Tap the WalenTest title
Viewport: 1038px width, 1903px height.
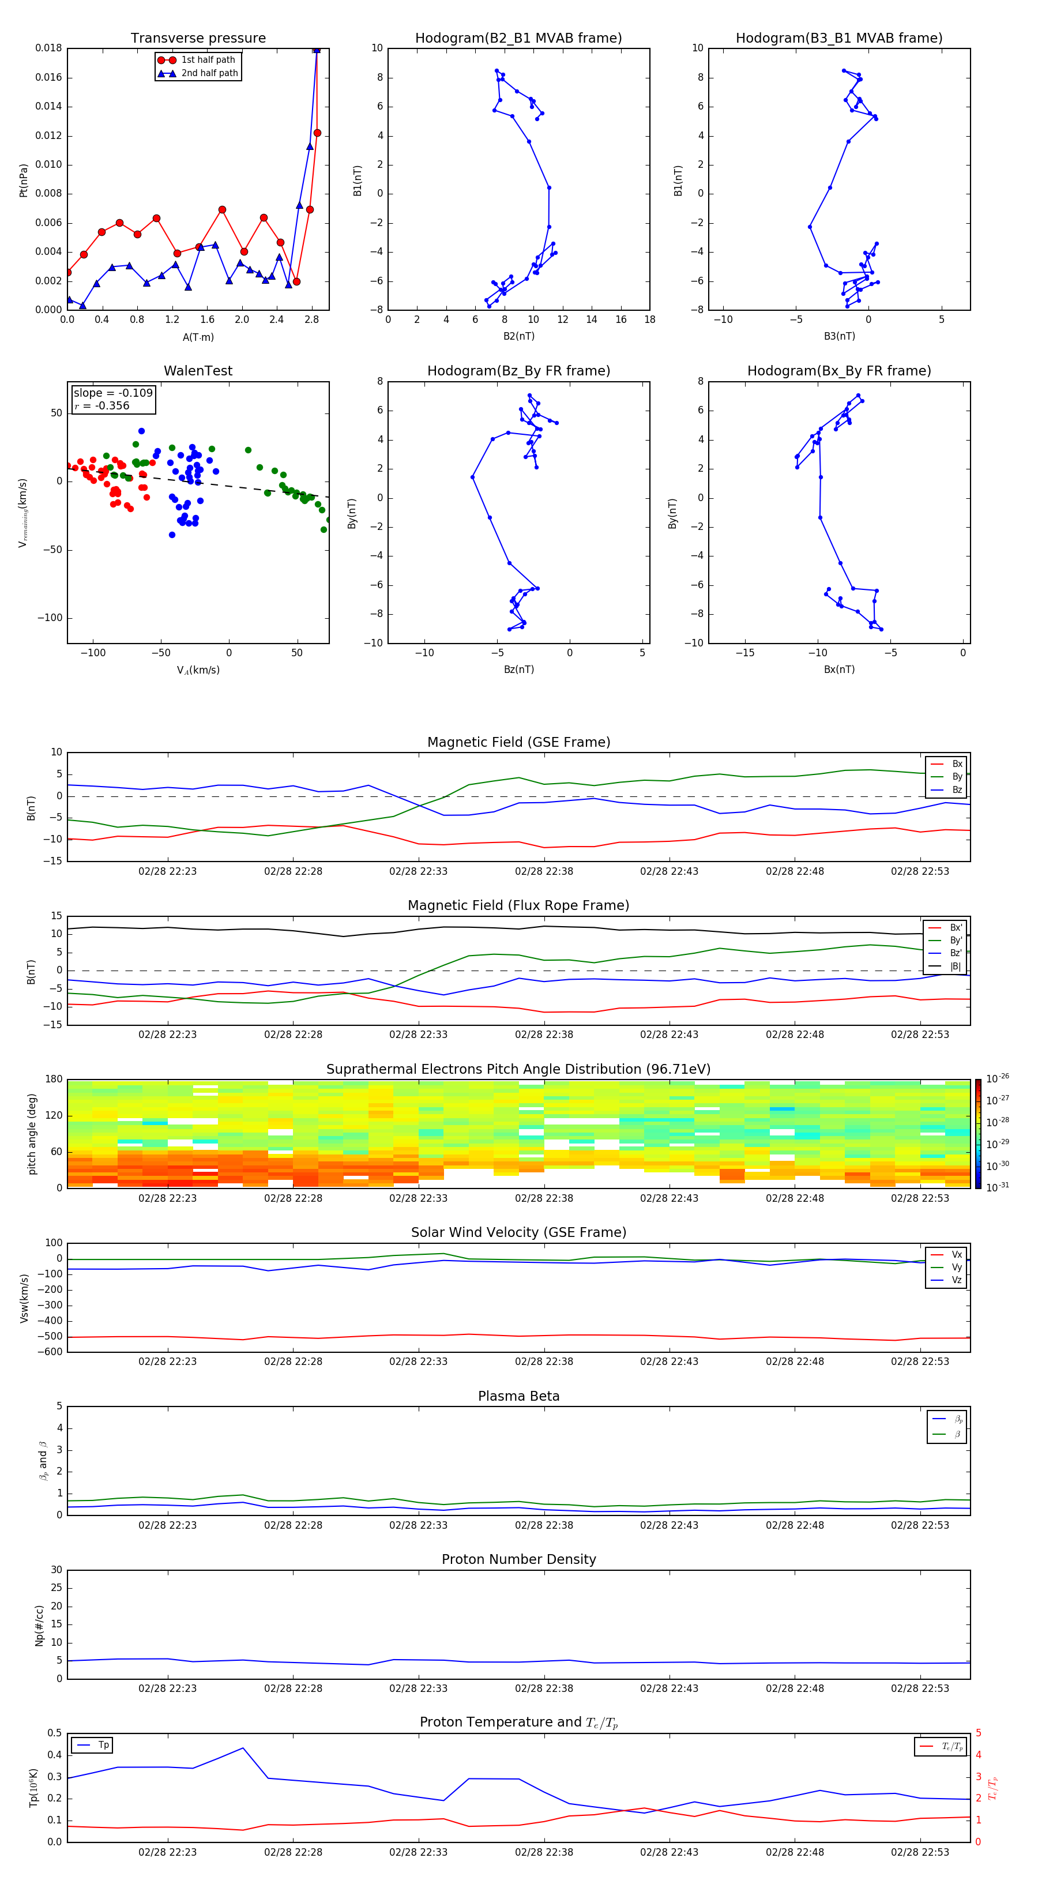(198, 371)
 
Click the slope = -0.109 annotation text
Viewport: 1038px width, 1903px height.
(113, 393)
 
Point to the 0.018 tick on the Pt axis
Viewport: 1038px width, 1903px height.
(49, 48)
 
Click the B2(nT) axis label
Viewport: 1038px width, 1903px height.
(518, 336)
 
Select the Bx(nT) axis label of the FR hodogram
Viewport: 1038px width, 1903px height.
(839, 670)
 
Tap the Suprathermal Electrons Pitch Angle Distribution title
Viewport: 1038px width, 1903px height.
(518, 1069)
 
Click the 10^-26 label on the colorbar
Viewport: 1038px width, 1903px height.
(998, 1078)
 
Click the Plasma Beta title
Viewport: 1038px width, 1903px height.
(518, 1396)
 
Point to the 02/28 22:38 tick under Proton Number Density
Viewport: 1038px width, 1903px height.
(544, 1688)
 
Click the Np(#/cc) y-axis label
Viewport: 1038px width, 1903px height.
(39, 1625)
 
